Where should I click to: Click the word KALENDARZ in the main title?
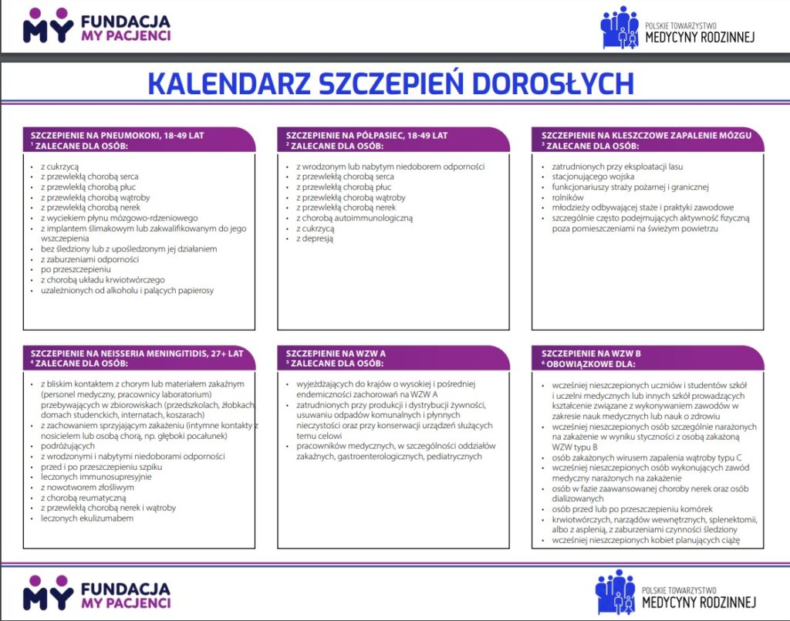click(222, 83)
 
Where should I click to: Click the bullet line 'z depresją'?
click(315, 239)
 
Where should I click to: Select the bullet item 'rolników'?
click(569, 197)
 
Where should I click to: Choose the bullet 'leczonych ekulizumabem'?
click(87, 518)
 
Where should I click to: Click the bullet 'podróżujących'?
click(68, 446)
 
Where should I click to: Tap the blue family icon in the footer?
click(616, 592)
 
